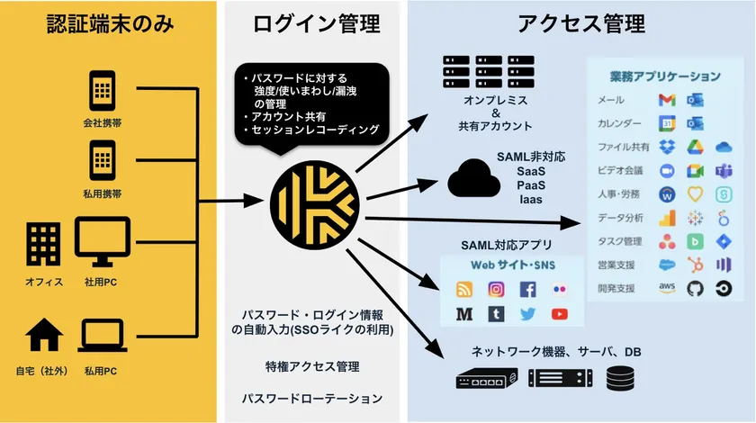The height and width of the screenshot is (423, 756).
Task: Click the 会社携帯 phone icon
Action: [103, 91]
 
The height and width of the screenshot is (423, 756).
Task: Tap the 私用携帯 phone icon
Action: [103, 159]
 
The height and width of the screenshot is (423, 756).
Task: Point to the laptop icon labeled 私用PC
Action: [103, 337]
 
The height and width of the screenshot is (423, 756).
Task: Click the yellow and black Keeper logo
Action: [311, 202]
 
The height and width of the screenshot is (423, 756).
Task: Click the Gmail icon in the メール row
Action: [667, 99]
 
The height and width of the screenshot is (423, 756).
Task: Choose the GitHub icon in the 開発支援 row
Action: [694, 288]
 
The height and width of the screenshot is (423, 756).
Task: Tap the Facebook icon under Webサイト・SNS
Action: [527, 290]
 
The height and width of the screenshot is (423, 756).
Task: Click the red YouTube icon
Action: [559, 314]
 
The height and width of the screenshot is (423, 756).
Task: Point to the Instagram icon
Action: [496, 290]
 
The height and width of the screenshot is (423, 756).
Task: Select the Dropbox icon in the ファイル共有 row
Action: [667, 147]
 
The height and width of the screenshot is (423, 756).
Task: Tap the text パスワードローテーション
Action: [311, 398]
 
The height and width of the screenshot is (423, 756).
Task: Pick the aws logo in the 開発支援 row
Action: [667, 288]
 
